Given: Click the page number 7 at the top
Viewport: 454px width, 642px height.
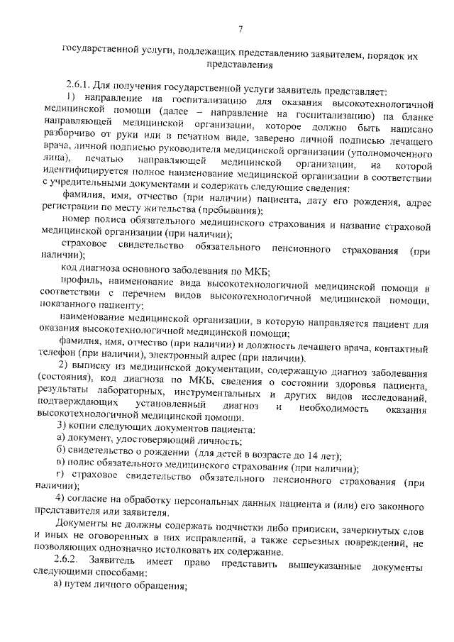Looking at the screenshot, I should pyautogui.click(x=240, y=29).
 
